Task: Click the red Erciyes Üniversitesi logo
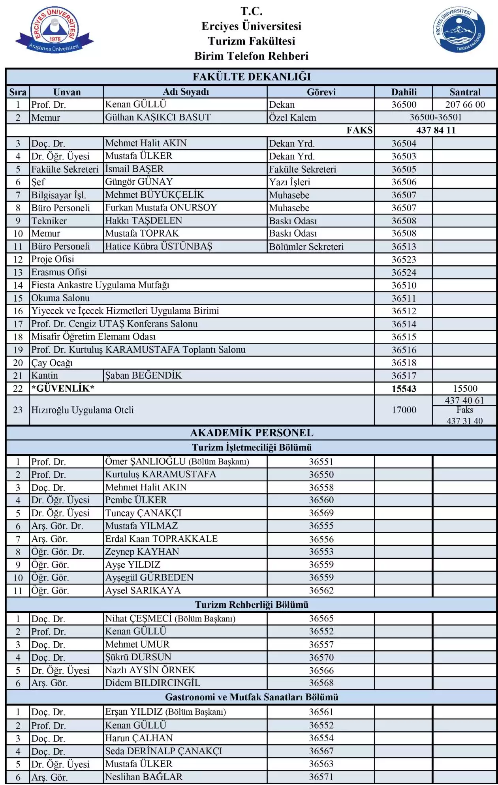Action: pyautogui.click(x=54, y=30)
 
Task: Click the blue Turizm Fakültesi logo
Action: pyautogui.click(x=459, y=30)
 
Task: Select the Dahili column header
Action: pyautogui.click(x=404, y=92)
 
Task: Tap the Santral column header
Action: pyautogui.click(x=465, y=92)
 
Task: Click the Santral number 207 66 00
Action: pyautogui.click(x=465, y=105)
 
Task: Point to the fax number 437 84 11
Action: pyautogui.click(x=436, y=130)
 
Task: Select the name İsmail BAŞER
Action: pyautogui.click(x=134, y=169)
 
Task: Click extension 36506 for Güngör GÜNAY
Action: pyautogui.click(x=404, y=182)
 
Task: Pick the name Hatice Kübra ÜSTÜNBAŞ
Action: pyautogui.click(x=158, y=246)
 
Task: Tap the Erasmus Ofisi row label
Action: pyautogui.click(x=59, y=272)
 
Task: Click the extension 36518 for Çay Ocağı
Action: pyautogui.click(x=404, y=362)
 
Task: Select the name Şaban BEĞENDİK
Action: pyautogui.click(x=143, y=376)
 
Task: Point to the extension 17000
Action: pyautogui.click(x=404, y=410)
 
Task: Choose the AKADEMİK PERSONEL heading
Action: pyautogui.click(x=252, y=433)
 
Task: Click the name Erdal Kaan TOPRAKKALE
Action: pyautogui.click(x=161, y=539)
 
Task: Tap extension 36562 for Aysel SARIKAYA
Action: pyautogui.click(x=321, y=590)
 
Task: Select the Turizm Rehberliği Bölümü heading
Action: pyautogui.click(x=252, y=605)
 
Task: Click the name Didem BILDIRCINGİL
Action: pyautogui.click(x=152, y=683)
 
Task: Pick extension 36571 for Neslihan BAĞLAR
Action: pyautogui.click(x=321, y=777)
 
